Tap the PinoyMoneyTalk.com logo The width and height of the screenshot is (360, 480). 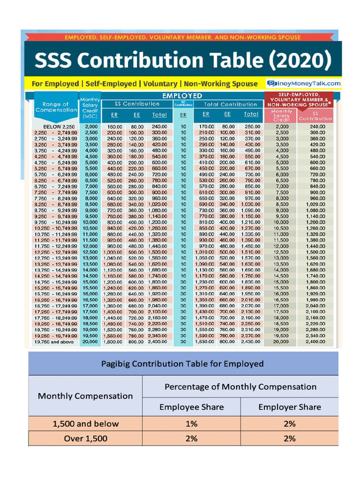(x=304, y=83)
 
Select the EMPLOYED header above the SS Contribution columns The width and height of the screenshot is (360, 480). (x=182, y=96)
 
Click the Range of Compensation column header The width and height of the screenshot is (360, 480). (x=55, y=107)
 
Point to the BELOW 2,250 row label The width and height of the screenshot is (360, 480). (x=59, y=127)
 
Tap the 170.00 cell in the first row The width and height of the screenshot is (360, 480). (x=206, y=127)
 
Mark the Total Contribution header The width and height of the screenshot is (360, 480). (x=230, y=104)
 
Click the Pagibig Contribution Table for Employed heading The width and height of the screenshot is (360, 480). (x=183, y=364)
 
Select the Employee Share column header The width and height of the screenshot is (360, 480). (x=191, y=407)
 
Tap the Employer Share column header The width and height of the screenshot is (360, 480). (x=290, y=407)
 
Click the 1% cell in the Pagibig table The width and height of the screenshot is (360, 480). (x=191, y=424)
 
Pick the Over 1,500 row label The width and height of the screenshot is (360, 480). (x=85, y=439)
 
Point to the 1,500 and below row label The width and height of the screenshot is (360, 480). (x=85, y=424)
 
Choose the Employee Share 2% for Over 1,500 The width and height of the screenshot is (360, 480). (x=191, y=439)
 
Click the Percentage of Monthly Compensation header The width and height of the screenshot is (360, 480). (x=240, y=387)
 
